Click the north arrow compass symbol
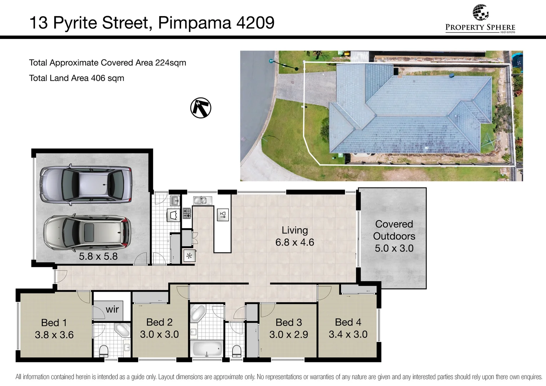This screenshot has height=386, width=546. tap(201, 108)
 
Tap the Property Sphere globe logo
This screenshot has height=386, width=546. tap(480, 13)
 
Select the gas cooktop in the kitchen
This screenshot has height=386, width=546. tap(187, 213)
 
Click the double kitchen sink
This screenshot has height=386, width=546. tap(202, 201)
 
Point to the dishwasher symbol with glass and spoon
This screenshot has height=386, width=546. tap(223, 215)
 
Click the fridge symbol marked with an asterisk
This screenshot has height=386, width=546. tap(189, 256)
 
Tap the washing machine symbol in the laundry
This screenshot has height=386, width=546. tap(174, 215)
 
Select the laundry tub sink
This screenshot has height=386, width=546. tap(174, 201)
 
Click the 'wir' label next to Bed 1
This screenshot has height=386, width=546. tap(112, 309)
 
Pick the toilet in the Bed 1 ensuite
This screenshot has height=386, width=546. tap(104, 351)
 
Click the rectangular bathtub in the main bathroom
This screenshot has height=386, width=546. tap(206, 348)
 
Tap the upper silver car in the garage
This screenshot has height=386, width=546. tap(86, 183)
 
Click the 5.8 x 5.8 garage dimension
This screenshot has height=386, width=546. tap(98, 256)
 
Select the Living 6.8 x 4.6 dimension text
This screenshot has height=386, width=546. tap(295, 242)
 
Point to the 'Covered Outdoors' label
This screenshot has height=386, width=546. tap(394, 230)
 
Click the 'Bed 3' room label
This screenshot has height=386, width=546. tap(289, 322)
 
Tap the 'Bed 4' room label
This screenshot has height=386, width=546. tap(348, 322)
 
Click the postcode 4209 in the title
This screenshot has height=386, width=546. tap(255, 23)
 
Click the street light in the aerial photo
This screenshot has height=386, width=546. tap(271, 61)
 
